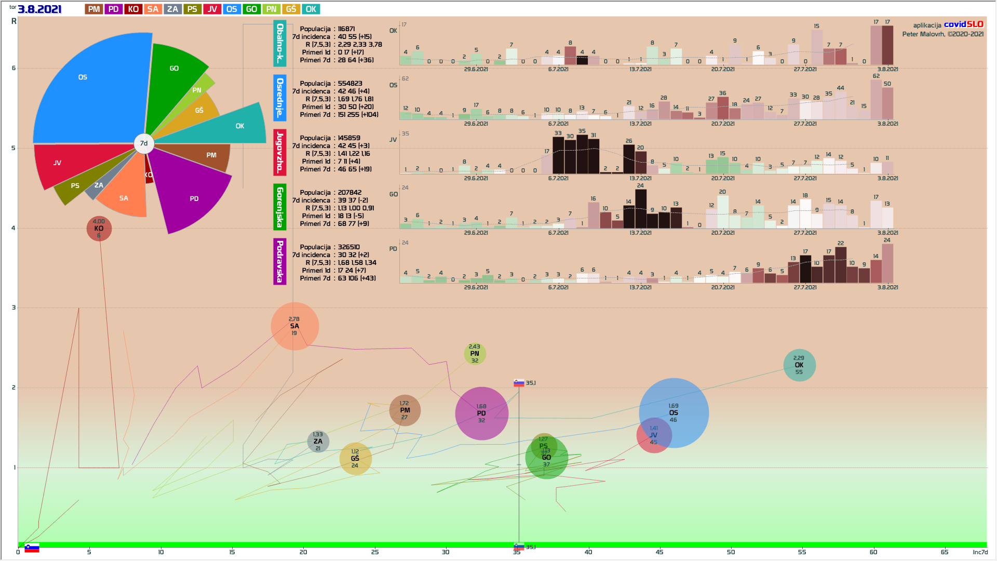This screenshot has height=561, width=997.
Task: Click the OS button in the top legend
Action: pyautogui.click(x=232, y=9)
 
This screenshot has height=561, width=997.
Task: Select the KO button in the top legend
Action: pyautogui.click(x=133, y=9)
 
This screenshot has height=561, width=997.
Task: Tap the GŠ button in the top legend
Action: pyautogui.click(x=291, y=9)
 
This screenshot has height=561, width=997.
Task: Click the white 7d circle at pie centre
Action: pyautogui.click(x=144, y=143)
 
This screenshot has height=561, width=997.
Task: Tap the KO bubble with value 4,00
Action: pyautogui.click(x=99, y=229)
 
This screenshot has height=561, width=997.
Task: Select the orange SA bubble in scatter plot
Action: pyautogui.click(x=294, y=326)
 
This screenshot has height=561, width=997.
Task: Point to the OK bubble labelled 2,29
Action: pyautogui.click(x=799, y=365)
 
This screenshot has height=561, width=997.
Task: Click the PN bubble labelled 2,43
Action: pyautogui.click(x=475, y=354)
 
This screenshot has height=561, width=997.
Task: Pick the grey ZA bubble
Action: pyautogui.click(x=318, y=442)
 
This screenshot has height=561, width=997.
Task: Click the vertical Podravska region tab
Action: pyautogui.click(x=280, y=261)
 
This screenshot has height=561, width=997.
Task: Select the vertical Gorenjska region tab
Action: pyautogui.click(x=280, y=207)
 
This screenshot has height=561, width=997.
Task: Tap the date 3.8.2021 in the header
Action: pyautogui.click(x=39, y=9)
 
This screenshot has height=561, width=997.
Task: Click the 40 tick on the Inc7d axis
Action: pyautogui.click(x=588, y=552)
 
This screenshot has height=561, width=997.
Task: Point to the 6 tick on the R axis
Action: pyautogui.click(x=14, y=68)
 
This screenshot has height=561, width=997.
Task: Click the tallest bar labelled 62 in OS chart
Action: pyautogui.click(x=876, y=99)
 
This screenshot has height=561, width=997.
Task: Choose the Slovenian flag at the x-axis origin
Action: pyautogui.click(x=32, y=548)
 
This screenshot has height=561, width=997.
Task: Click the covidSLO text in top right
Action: pyautogui.click(x=963, y=24)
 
